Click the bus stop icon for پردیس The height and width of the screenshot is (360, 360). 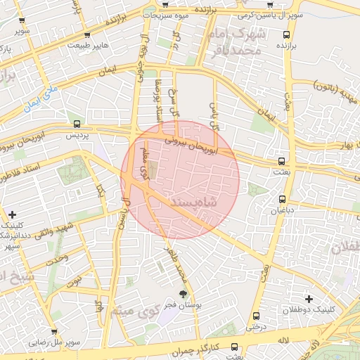[77, 124]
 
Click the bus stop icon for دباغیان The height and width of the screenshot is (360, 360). [283, 199]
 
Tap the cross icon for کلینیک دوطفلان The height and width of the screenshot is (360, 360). [309, 299]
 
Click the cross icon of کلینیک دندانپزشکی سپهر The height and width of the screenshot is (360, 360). [12, 214]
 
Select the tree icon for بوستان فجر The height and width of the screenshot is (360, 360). [184, 295]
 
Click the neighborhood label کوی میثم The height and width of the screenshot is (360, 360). [127, 310]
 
